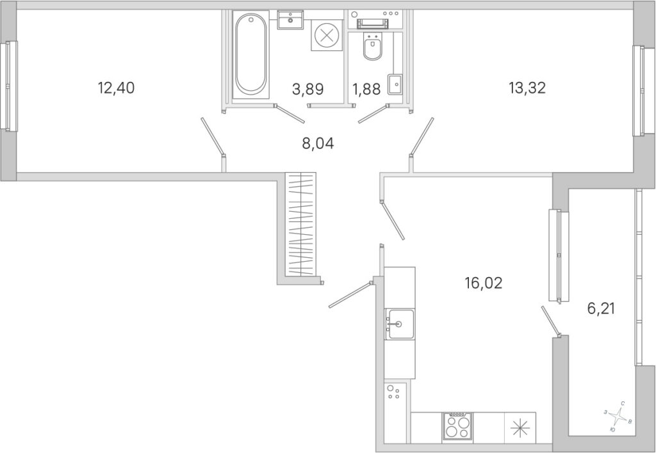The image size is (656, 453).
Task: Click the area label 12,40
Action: [x=116, y=88]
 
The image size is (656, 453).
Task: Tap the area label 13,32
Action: [x=527, y=88]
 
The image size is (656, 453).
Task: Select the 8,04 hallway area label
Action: [x=318, y=144]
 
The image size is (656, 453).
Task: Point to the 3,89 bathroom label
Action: [x=308, y=89]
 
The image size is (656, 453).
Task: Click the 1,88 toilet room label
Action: [x=366, y=89]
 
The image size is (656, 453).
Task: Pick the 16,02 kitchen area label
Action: [x=483, y=283]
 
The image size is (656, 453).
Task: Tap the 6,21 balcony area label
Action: [x=601, y=309]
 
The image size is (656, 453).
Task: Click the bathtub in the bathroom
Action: [x=250, y=55]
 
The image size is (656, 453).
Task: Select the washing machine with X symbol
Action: [x=326, y=35]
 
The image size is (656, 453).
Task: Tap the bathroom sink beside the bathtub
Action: [x=290, y=20]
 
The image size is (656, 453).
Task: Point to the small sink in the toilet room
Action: [x=395, y=84]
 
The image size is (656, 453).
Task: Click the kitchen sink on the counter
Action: [x=400, y=324]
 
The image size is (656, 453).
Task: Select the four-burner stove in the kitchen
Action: [x=457, y=425]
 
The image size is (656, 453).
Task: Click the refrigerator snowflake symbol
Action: [x=520, y=427]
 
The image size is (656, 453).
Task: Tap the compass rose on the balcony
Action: [x=617, y=417]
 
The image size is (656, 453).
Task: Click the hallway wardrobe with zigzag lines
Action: [x=300, y=224]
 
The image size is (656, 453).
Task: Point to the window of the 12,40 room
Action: [x=9, y=86]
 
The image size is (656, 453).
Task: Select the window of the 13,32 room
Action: [x=643, y=91]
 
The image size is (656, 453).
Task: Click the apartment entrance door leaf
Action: [x=350, y=295]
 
